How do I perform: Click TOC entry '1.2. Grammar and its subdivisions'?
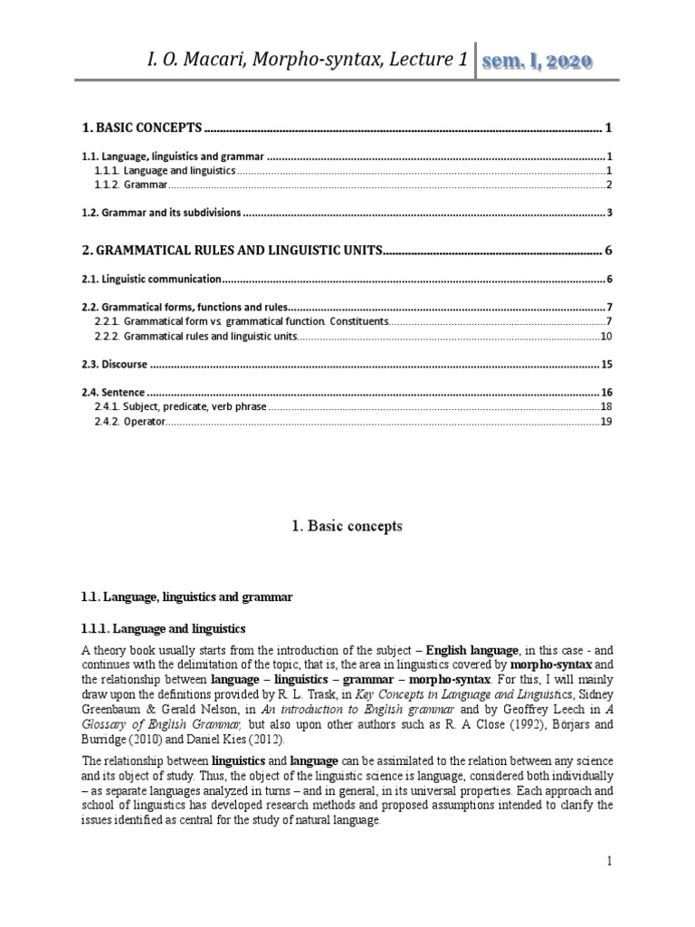click(x=161, y=213)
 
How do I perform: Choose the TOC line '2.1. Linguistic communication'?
click(x=151, y=279)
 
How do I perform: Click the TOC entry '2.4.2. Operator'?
click(x=129, y=422)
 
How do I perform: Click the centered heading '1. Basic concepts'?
click(x=347, y=526)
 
